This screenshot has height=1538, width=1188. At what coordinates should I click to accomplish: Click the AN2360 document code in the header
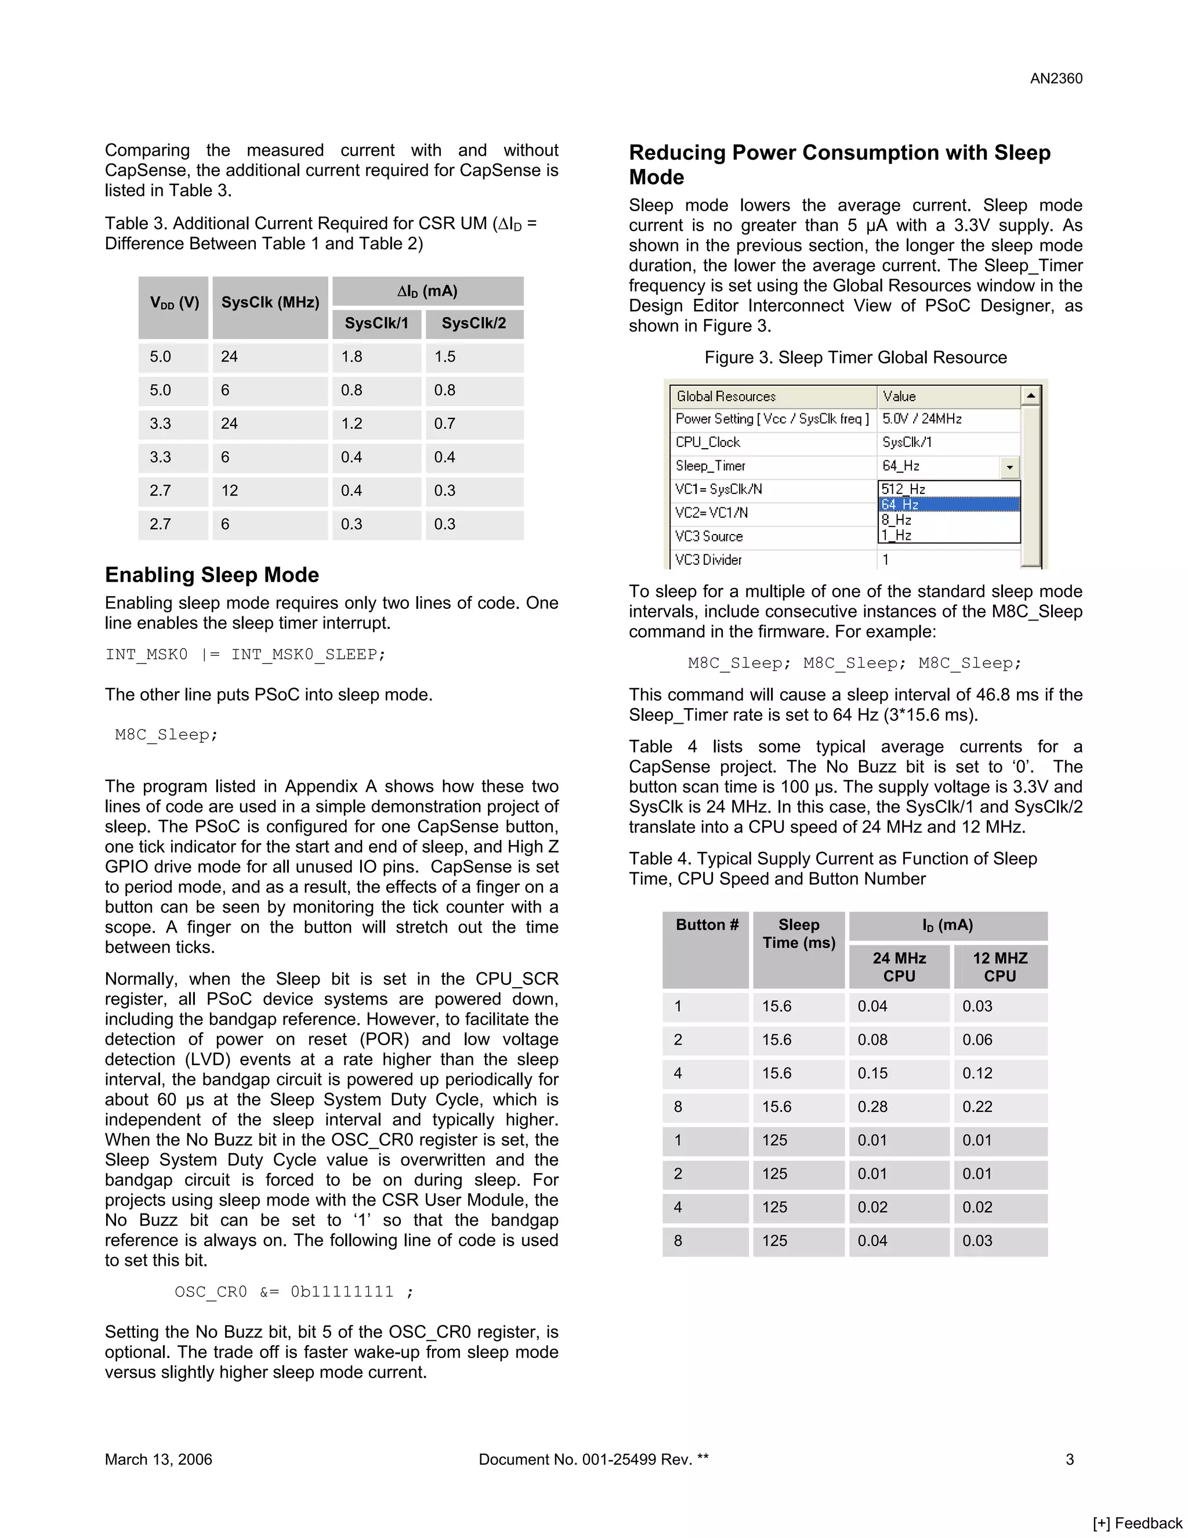pyautogui.click(x=1056, y=79)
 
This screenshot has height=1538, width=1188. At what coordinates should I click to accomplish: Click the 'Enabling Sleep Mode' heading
pyautogui.click(x=212, y=575)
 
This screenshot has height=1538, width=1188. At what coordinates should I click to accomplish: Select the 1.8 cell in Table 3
pyautogui.click(x=352, y=356)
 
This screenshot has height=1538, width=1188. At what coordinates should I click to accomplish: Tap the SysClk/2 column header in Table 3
pyautogui.click(x=474, y=323)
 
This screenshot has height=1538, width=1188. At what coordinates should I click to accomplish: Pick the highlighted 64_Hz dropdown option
pyautogui.click(x=948, y=504)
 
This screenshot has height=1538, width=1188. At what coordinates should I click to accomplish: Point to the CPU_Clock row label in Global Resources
pyautogui.click(x=708, y=442)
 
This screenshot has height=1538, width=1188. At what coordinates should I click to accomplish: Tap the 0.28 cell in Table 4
pyautogui.click(x=872, y=1106)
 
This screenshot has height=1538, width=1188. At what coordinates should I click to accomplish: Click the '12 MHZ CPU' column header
pyautogui.click(x=1000, y=967)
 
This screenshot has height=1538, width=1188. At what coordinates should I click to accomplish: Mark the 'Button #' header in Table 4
pyautogui.click(x=707, y=925)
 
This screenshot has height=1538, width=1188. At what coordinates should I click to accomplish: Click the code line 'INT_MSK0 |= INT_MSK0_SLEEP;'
pyautogui.click(x=245, y=654)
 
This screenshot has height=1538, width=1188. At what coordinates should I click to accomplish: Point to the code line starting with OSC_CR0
pyautogui.click(x=294, y=1291)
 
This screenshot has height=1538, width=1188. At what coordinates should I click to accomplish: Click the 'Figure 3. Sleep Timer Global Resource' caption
pyautogui.click(x=855, y=357)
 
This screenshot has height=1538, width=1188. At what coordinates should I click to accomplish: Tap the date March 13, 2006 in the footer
pyautogui.click(x=158, y=1459)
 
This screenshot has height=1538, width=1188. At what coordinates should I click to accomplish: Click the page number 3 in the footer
pyautogui.click(x=1069, y=1459)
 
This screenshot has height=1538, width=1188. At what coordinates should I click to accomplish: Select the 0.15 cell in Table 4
pyautogui.click(x=872, y=1073)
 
